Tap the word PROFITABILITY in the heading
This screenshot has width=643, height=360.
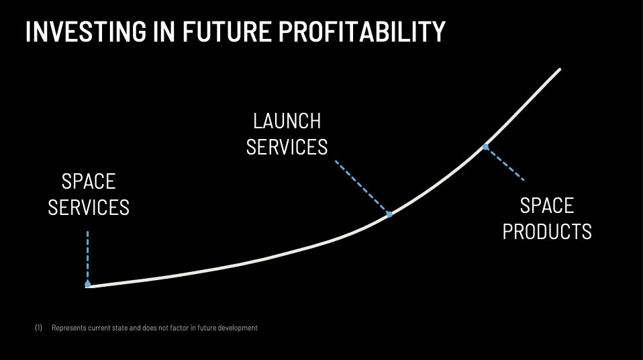click(362, 32)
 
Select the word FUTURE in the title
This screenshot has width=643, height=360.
click(227, 32)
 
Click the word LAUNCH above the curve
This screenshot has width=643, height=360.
click(287, 121)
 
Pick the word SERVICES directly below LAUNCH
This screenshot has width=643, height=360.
click(287, 147)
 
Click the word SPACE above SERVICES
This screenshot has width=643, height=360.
click(89, 181)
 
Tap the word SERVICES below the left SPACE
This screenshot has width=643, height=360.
click(89, 208)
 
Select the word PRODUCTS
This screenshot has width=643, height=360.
click(547, 232)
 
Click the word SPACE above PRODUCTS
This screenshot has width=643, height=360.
click(547, 206)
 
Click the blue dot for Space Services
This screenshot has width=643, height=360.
click(87, 284)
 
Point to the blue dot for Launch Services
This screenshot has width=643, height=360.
click(389, 214)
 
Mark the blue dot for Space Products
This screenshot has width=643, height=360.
click(485, 147)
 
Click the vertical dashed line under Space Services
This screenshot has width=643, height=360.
click(88, 256)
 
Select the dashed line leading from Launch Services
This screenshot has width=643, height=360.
click(361, 187)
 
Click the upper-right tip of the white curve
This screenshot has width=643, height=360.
click(560, 69)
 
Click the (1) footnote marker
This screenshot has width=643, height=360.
click(38, 328)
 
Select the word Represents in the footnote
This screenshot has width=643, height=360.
click(68, 328)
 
